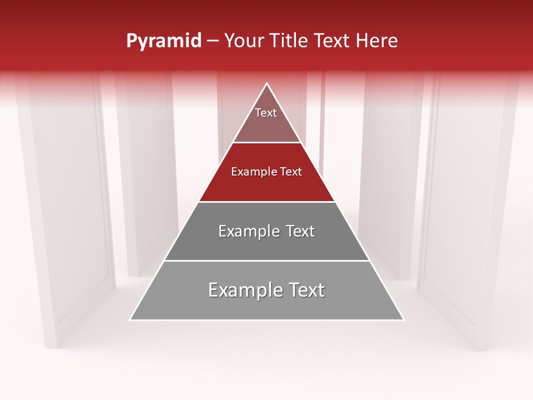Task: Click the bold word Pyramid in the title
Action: tap(163, 41)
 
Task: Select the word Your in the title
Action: tap(243, 41)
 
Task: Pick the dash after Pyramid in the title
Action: tap(212, 42)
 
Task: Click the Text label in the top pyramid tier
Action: tap(266, 113)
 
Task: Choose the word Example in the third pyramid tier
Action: tap(249, 231)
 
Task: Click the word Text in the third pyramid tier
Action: tap(300, 231)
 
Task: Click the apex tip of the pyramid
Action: tap(266, 84)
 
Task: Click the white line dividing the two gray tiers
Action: tap(266, 261)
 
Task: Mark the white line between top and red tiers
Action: tap(266, 143)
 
